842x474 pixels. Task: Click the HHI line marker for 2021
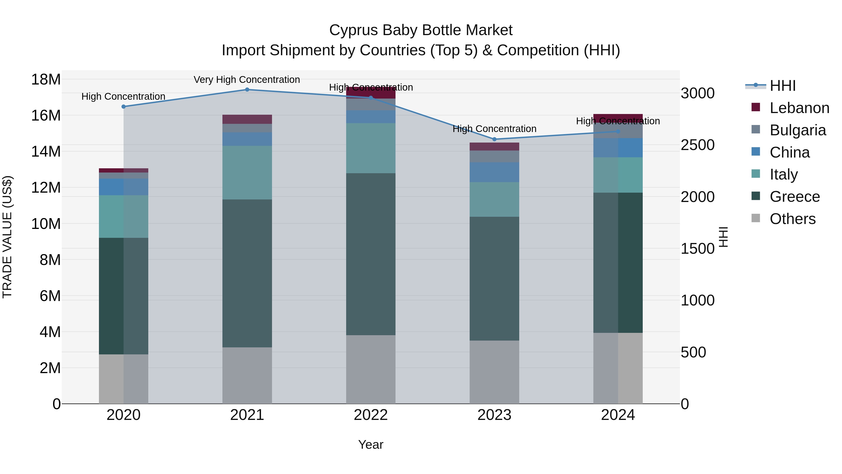(x=247, y=90)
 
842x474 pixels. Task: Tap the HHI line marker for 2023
(x=494, y=139)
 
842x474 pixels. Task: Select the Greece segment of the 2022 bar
(x=371, y=254)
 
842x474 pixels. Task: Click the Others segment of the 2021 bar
(x=247, y=375)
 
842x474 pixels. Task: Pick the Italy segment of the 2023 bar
(x=494, y=199)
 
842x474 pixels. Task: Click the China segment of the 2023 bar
(x=494, y=172)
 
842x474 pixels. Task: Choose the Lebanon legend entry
(x=799, y=108)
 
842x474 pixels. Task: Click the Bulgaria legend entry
(x=798, y=130)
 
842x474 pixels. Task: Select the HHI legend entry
(x=783, y=86)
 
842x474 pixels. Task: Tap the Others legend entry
(x=792, y=219)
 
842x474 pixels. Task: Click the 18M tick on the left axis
(x=46, y=80)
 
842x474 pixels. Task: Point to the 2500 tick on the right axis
(x=697, y=145)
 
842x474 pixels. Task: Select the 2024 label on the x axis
(x=618, y=415)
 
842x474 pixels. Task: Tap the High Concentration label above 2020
(x=123, y=96)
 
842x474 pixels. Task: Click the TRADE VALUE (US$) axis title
(x=7, y=237)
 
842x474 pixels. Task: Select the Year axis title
(x=371, y=445)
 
